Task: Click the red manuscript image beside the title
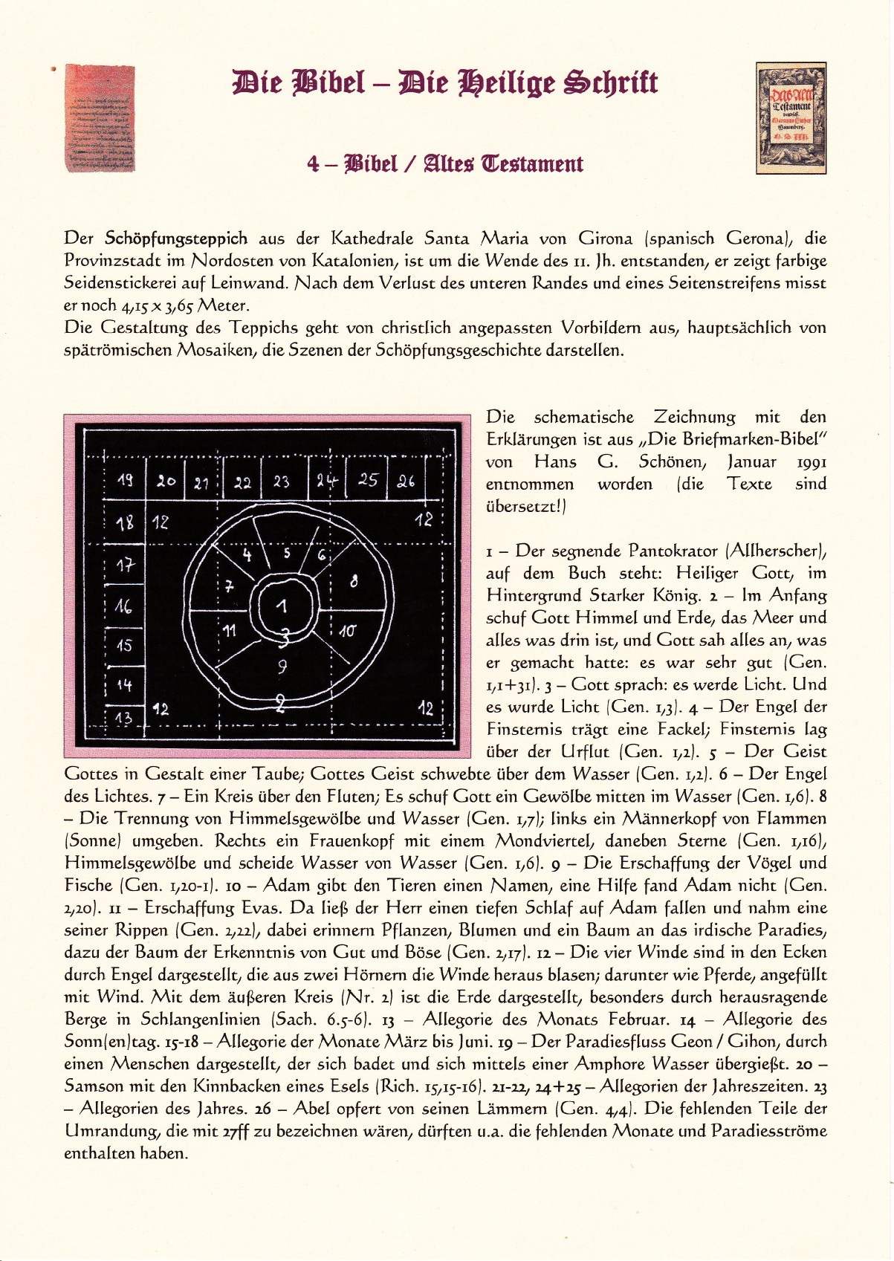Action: pos(100,118)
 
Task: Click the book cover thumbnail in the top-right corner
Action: pos(791,118)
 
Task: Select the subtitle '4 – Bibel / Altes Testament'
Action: pos(445,163)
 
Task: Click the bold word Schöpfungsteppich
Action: pos(176,239)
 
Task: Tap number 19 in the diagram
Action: pos(126,481)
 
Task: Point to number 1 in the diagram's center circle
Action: pos(281,606)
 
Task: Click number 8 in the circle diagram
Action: pos(354,582)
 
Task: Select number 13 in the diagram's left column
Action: pos(123,719)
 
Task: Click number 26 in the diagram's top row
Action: pos(405,481)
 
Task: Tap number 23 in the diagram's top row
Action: pos(281,482)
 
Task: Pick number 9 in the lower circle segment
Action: pos(282,667)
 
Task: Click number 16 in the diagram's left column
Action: pos(123,606)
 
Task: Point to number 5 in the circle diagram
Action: pos(287,553)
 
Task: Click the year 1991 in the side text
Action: pos(812,461)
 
